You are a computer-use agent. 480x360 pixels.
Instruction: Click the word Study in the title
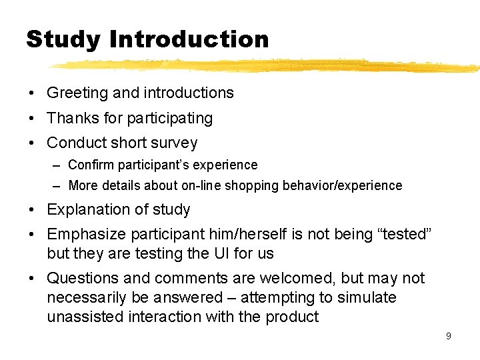pyautogui.click(x=63, y=40)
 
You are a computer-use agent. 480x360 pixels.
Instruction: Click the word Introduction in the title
pyautogui.click(x=189, y=39)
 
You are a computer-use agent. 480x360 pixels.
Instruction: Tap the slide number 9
pyautogui.click(x=448, y=336)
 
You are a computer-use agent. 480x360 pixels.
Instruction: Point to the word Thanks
pyautogui.click(x=71, y=118)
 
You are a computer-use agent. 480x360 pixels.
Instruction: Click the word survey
pyautogui.click(x=174, y=143)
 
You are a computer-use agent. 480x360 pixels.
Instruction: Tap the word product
pyautogui.click(x=292, y=317)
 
